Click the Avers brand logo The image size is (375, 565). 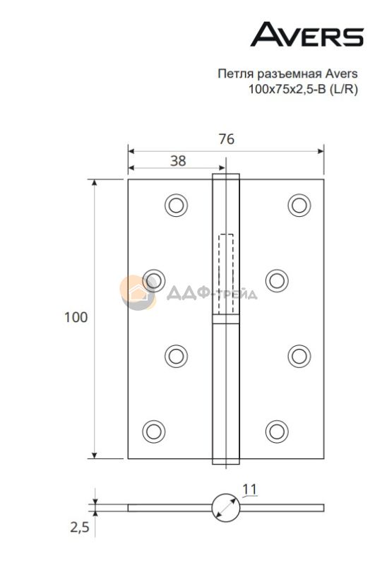(x=307, y=34)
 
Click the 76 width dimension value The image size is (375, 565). (x=227, y=138)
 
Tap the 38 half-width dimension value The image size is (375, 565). (x=178, y=161)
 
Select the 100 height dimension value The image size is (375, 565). (x=76, y=317)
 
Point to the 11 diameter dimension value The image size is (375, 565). (x=249, y=489)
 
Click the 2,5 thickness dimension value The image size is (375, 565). (x=80, y=528)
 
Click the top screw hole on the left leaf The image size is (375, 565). (x=176, y=205)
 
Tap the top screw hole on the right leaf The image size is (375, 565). (x=299, y=205)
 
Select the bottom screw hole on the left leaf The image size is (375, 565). (x=154, y=432)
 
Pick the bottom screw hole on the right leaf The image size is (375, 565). (x=277, y=432)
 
